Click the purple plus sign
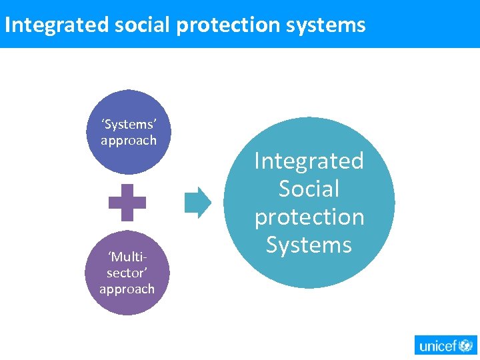point(127,202)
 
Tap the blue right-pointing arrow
point(197,202)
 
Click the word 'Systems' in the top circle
point(128,125)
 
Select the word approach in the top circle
point(128,141)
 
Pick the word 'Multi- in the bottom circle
point(127,257)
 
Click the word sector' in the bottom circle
point(127,273)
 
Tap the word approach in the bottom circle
point(127,289)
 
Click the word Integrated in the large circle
point(309,161)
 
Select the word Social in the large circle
point(309,189)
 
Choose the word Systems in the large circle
point(309,245)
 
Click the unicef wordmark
point(435,345)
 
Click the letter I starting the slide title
point(7,25)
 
